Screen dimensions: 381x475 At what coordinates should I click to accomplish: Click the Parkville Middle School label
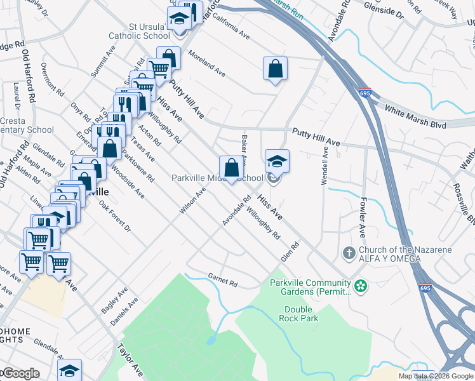tap(217, 178)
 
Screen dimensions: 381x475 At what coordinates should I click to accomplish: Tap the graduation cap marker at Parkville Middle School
tap(277, 161)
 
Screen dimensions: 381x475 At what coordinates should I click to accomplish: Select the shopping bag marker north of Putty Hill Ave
tap(275, 69)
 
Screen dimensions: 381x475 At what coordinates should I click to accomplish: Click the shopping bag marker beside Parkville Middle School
tap(232, 168)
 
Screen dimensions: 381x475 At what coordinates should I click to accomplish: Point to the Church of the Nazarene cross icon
tap(349, 253)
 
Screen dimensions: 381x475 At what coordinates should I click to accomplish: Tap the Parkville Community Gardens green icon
tap(361, 286)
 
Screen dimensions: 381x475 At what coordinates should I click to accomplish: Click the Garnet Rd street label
tap(222, 279)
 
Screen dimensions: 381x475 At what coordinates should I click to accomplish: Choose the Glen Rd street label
tap(290, 251)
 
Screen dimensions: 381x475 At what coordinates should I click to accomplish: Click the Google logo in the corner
tap(20, 373)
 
